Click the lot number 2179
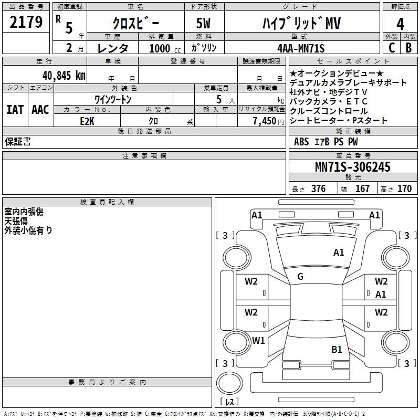pos(26,22)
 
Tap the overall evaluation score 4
pos(400,24)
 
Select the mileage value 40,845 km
pos(64,76)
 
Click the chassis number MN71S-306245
pos(353,167)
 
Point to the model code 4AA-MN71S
pos(301,48)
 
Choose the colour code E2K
pos(87,121)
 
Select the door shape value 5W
pos(203,23)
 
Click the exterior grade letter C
pos(392,48)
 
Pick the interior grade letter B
pos(408,48)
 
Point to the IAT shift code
pos(15,110)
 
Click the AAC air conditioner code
pos(40,110)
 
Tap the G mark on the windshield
pos(300,277)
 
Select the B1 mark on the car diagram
pos(337,349)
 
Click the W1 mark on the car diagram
pos(258,340)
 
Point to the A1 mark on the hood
pos(339,253)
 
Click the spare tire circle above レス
pos(229,383)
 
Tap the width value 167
pos(362,188)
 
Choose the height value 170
pos(404,188)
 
